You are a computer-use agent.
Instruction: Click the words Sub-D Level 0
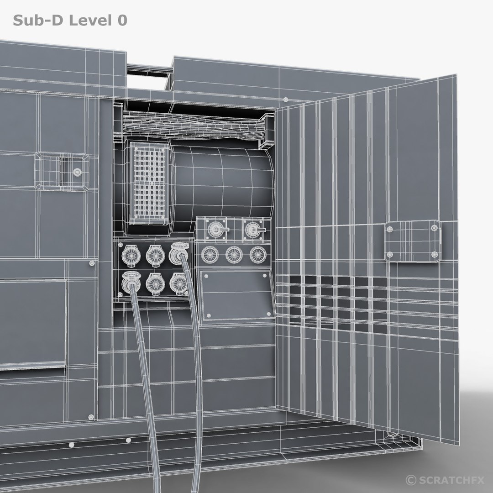[x=70, y=20]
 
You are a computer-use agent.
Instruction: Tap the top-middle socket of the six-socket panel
[x=154, y=255]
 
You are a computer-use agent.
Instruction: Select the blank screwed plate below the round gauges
[x=236, y=295]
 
